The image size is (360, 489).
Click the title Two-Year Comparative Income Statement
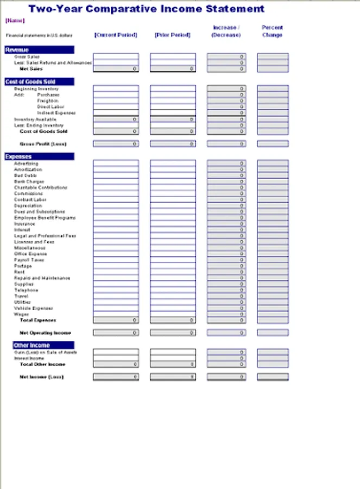(147, 9)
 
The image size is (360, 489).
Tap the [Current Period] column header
(116, 35)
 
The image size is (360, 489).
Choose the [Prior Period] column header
(172, 35)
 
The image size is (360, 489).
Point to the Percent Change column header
(272, 31)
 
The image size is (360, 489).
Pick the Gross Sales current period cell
(116, 57)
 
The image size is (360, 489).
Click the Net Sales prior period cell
(173, 69)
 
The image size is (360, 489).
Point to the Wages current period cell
(116, 314)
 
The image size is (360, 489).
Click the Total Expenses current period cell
(116, 321)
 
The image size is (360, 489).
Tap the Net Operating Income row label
(45, 333)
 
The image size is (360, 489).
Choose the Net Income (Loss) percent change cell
(273, 377)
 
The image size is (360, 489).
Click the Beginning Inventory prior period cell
(173, 89)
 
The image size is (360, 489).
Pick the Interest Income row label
(29, 359)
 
